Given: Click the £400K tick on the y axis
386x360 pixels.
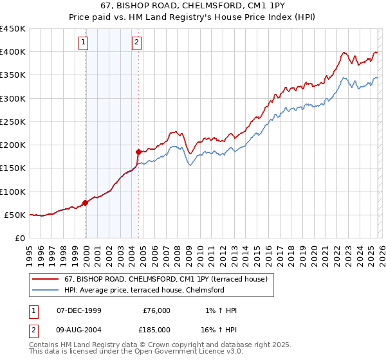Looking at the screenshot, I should (x=13, y=52).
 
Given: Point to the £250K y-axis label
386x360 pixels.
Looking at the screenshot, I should (x=13, y=122).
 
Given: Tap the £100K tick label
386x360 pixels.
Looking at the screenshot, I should (x=13, y=192).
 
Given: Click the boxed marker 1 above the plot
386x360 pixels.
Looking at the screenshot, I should (x=84, y=43).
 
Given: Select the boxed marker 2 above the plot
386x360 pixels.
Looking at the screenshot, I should (x=137, y=43).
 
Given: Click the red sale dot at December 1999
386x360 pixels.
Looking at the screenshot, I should (x=86, y=203).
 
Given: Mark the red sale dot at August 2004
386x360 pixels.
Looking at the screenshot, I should (x=138, y=152).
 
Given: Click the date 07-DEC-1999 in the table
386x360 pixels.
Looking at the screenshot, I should (x=79, y=310).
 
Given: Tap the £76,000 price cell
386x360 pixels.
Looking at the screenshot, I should (x=156, y=310).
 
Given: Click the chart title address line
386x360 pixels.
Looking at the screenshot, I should (x=193, y=6).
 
